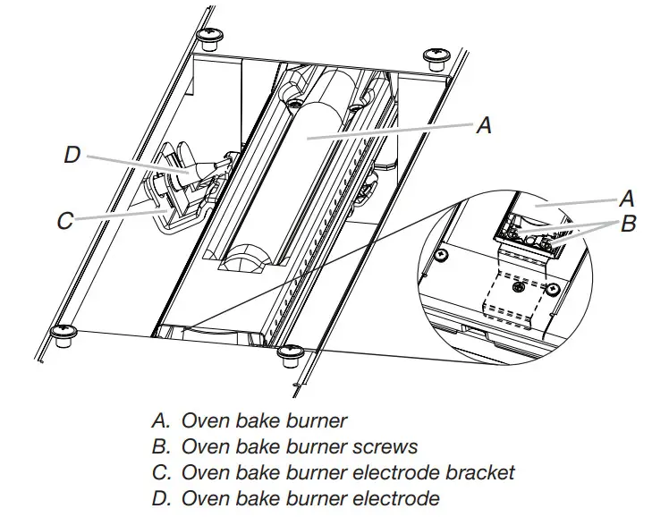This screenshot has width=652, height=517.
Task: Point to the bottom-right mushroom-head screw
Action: pos(290,355)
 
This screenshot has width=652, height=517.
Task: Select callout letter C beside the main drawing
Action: pos(65,220)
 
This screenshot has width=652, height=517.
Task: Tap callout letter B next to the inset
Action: pos(629,224)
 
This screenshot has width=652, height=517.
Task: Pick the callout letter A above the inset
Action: pos(484,126)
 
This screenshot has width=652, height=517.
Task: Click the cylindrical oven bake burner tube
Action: pos(309,161)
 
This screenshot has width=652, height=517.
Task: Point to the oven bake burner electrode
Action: pos(193,170)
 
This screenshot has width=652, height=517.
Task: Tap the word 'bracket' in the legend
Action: pos(475,471)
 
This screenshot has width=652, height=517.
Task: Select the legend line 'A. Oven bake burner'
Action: pos(250,420)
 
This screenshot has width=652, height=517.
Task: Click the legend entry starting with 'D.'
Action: pos(296,497)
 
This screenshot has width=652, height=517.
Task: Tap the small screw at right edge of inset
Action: pos(554,289)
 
